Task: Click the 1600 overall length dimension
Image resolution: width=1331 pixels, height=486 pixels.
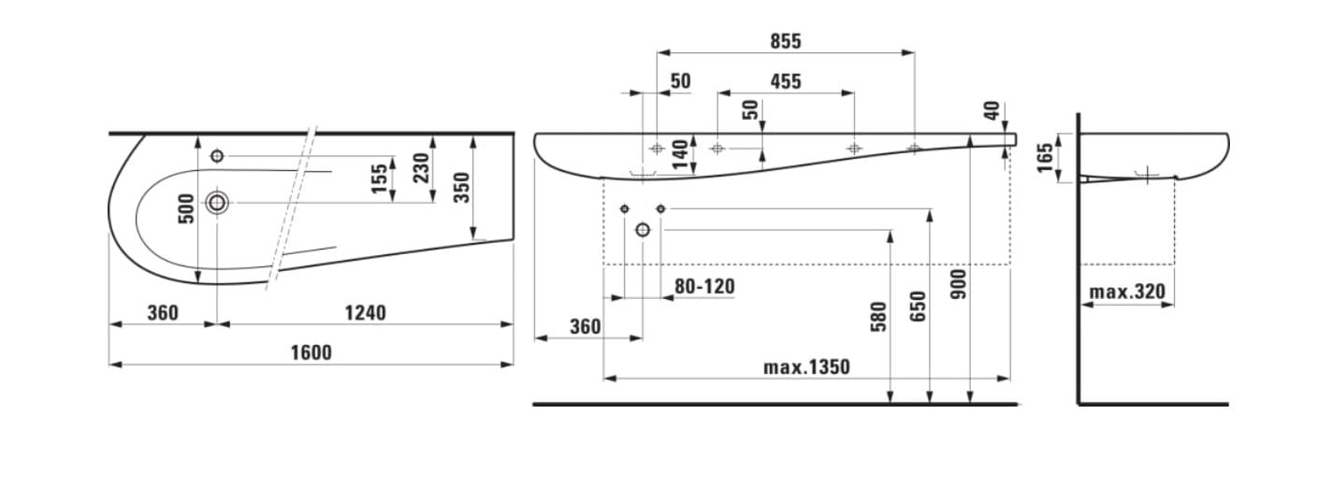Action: point(311,352)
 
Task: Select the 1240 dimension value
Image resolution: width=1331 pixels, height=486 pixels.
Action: point(366,313)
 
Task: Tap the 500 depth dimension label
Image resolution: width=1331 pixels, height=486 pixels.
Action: point(186,208)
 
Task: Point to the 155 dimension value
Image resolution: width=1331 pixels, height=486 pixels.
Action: point(379,178)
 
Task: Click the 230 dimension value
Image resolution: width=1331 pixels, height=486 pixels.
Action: point(421,168)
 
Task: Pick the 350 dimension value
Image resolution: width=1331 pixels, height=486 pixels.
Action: point(462,188)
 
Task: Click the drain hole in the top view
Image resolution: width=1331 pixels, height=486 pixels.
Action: point(217,203)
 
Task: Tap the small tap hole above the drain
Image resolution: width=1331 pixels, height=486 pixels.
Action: point(217,156)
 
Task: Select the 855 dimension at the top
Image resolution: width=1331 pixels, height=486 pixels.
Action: point(786,41)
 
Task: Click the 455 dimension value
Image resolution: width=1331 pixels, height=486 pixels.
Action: point(786,81)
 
